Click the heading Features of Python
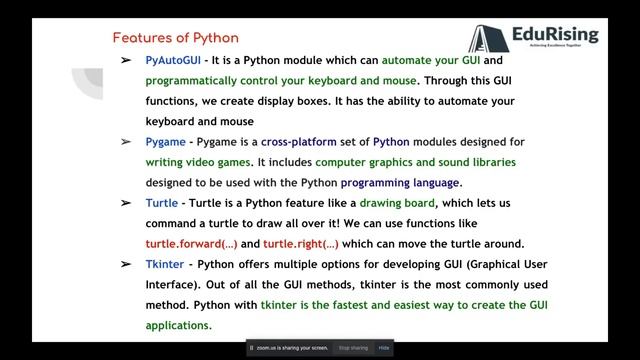[x=175, y=38]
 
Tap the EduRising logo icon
[x=486, y=39]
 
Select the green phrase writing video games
[x=200, y=162]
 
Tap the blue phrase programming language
[x=400, y=183]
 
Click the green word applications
[x=179, y=325]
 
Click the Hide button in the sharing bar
[x=384, y=348]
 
